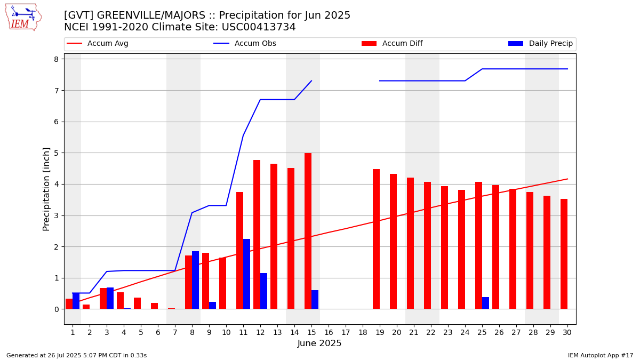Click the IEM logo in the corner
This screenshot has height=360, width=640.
[x=23, y=17]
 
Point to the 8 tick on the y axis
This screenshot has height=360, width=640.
[x=55, y=59]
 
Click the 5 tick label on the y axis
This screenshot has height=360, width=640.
[x=55, y=153]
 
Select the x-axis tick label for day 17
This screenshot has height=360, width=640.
[x=346, y=333]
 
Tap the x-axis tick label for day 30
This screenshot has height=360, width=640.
[x=567, y=333]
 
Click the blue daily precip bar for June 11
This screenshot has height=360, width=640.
[x=246, y=274]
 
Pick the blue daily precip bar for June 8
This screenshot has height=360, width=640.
[x=195, y=280]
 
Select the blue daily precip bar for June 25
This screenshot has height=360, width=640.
[x=485, y=303]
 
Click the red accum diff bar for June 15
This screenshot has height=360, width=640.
[x=308, y=231]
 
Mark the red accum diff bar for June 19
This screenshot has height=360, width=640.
[x=376, y=239]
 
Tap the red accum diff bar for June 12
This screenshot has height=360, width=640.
[x=257, y=235]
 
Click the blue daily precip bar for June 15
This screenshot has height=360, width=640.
[x=315, y=300]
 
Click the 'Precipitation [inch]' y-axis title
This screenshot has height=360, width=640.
[x=46, y=189]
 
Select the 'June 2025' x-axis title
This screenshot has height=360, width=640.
[x=319, y=343]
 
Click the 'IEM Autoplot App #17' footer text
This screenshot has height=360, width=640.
[x=600, y=355]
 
